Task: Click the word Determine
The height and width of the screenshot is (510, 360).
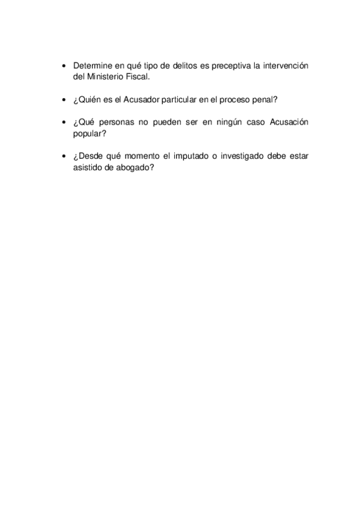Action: (x=93, y=65)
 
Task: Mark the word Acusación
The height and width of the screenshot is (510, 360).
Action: (x=288, y=122)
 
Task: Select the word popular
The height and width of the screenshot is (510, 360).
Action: (x=88, y=134)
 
